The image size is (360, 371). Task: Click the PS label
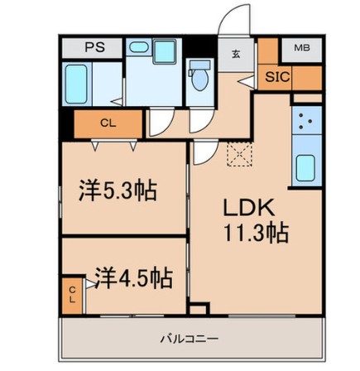click(x=94, y=47)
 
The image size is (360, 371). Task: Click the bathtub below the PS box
click(x=77, y=84)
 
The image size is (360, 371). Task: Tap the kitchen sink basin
click(x=306, y=169)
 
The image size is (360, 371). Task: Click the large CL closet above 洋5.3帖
click(x=108, y=124)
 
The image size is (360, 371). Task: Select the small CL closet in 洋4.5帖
click(x=72, y=293)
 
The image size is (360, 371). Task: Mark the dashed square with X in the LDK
click(x=239, y=154)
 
